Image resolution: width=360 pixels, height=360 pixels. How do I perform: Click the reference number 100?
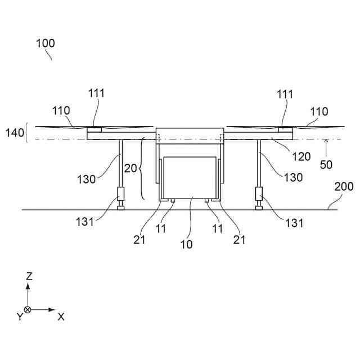click(x=46, y=43)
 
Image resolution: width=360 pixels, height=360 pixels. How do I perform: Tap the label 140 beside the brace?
click(x=15, y=133)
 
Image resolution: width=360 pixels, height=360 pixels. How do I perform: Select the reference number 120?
click(x=301, y=156)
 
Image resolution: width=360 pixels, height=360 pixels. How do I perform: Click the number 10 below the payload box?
click(x=186, y=244)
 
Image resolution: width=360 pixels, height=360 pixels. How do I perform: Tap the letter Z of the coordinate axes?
click(x=29, y=276)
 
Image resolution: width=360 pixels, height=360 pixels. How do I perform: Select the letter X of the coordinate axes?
click(x=61, y=317)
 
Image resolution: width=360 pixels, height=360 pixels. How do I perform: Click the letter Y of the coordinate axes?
click(x=19, y=317)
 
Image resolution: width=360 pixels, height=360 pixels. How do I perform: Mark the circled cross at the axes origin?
click(x=28, y=309)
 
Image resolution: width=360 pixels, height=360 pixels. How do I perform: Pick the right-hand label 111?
click(x=285, y=94)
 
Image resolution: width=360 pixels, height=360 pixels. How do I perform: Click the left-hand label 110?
click(x=61, y=111)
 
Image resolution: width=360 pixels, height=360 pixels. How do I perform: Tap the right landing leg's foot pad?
click(x=259, y=209)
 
